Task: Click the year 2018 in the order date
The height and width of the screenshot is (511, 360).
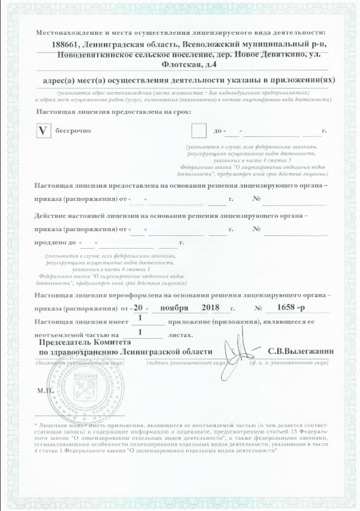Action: tap(210, 308)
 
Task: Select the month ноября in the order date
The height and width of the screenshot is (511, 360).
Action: tap(174, 308)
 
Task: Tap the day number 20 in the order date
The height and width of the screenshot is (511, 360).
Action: tap(138, 308)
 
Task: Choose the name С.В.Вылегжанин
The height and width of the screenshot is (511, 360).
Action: tap(301, 351)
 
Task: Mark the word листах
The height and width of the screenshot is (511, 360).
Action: tap(180, 334)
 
